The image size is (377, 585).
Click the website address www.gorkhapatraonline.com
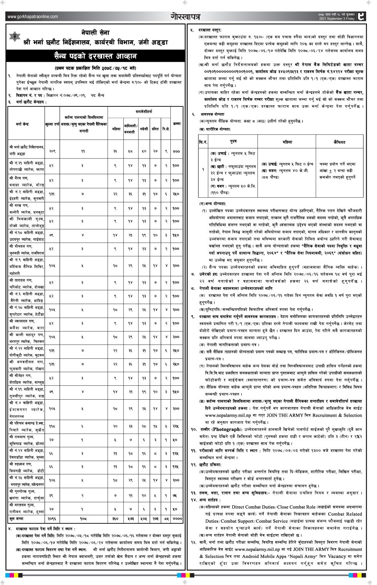(x=32, y=17)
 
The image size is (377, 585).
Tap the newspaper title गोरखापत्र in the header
(x=185, y=16)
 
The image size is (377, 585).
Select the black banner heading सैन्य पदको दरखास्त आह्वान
(x=95, y=56)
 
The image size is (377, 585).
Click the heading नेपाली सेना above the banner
(x=95, y=32)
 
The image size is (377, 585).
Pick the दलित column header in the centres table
(x=155, y=129)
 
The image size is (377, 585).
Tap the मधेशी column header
(x=144, y=129)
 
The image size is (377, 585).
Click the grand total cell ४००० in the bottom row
(x=177, y=519)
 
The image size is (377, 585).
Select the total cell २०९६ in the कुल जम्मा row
(x=52, y=519)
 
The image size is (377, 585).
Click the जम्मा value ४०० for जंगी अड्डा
(x=176, y=151)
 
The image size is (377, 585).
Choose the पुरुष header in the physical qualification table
(x=233, y=142)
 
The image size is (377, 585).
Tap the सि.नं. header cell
(x=203, y=142)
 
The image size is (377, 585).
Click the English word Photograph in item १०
(x=227, y=429)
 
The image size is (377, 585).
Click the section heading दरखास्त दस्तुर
(x=210, y=30)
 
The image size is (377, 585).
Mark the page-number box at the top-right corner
(x=360, y=16)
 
